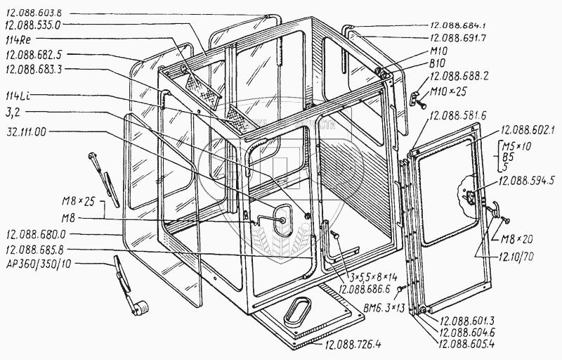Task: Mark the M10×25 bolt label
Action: coord(449,92)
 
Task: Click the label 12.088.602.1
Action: coord(528,130)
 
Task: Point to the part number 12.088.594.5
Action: coord(528,181)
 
